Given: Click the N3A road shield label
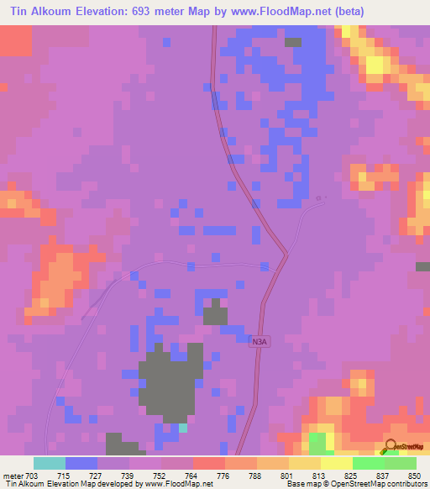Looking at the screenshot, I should [x=261, y=341].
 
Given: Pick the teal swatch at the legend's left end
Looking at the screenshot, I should [x=49, y=463].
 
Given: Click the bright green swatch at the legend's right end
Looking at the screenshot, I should [x=400, y=463].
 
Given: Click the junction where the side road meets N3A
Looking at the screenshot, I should [x=286, y=253].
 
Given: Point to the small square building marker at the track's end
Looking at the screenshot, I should [x=318, y=198].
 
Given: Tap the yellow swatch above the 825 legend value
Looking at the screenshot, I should [x=336, y=463].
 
